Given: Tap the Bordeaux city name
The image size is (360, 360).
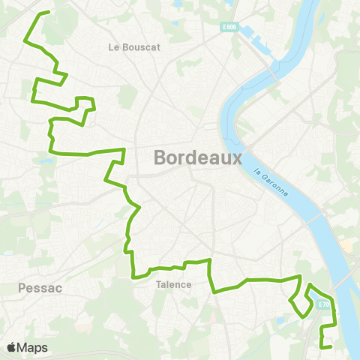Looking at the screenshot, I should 197,158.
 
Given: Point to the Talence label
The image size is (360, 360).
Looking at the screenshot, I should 174,285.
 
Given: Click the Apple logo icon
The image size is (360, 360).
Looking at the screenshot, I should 12,348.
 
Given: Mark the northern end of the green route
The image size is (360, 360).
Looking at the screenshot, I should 49,12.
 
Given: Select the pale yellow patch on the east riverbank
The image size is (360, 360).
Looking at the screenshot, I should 346,245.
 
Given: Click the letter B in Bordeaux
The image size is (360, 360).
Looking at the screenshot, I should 160,158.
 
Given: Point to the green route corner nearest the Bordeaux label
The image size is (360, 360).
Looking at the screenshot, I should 122,150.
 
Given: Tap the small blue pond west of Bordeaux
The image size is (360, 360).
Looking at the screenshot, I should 47,160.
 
